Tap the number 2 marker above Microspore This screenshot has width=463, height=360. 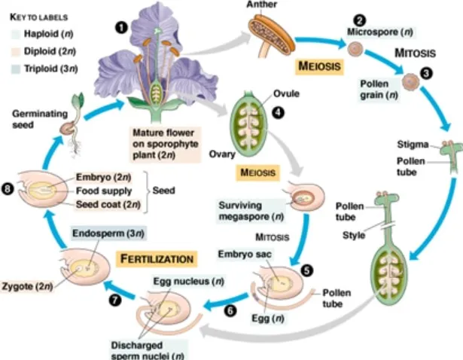click(360, 20)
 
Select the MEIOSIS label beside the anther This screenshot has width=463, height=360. click(318, 66)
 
